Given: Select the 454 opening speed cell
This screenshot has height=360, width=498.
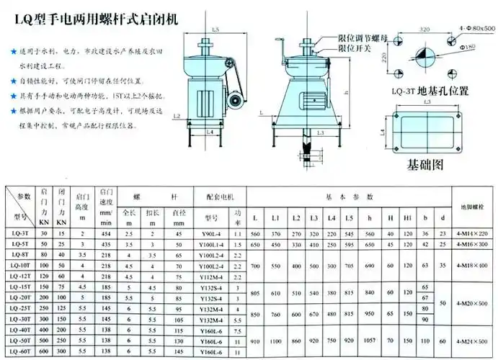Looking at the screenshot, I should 107,233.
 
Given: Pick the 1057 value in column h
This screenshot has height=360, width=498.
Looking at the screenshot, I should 370,339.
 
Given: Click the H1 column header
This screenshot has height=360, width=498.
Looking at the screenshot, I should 408,217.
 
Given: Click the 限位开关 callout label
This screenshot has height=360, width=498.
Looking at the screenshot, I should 355,48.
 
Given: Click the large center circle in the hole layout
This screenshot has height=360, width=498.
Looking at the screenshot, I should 425,58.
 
